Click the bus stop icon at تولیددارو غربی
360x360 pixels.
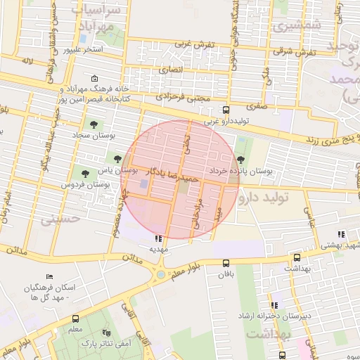(x=226, y=110)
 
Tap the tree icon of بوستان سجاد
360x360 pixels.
(x=94, y=124)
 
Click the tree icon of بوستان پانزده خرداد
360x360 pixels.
(x=243, y=161)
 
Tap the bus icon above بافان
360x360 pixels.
(x=226, y=264)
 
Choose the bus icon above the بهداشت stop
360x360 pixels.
(x=296, y=258)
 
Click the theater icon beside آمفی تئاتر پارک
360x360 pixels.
(x=106, y=332)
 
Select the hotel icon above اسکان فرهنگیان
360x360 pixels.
(x=49, y=278)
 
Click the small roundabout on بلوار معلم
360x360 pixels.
(x=161, y=274)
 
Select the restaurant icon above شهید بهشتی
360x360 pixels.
(x=341, y=235)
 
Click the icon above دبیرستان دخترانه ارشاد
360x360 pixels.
(x=274, y=305)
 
